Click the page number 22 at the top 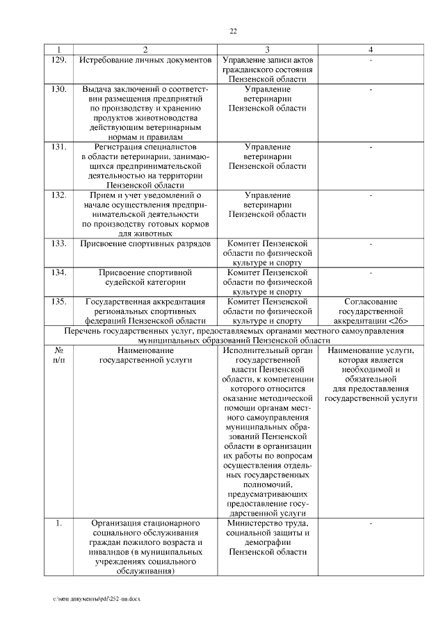233,31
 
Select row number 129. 59,60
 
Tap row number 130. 59,89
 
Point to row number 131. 59,147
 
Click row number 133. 59,244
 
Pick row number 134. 59,272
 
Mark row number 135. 59,302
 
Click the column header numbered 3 267,50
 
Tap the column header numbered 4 371,50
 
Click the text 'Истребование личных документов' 145,60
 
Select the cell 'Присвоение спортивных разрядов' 145,244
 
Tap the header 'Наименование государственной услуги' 145,356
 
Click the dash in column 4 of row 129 371,61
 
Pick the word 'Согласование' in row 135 371,302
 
